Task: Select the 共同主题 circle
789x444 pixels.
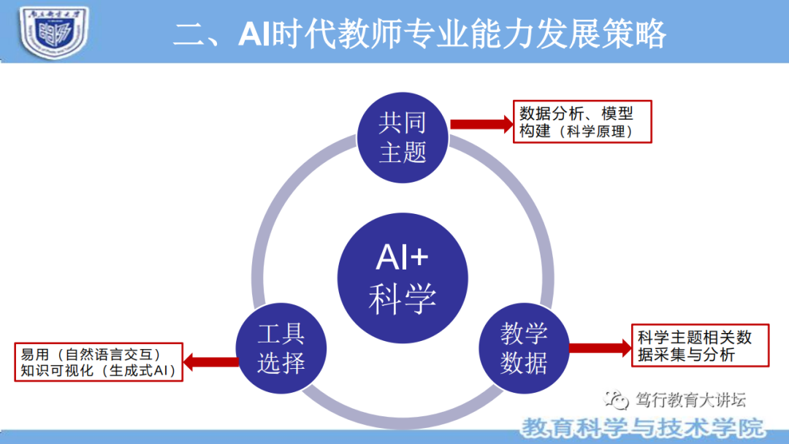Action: tap(403, 137)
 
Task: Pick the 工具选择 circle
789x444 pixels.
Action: tap(281, 349)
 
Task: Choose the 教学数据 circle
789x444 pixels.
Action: tap(524, 349)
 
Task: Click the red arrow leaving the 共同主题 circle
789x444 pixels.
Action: tap(482, 123)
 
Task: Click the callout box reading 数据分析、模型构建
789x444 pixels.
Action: tap(582, 122)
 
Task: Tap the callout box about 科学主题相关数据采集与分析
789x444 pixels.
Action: tap(700, 345)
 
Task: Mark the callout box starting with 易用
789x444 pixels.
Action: tap(99, 361)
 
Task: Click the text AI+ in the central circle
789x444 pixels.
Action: tap(403, 258)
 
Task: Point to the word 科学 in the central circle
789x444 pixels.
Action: tap(403, 298)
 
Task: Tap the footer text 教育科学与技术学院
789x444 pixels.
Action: tap(643, 427)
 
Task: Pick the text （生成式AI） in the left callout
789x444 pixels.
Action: tap(139, 370)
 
